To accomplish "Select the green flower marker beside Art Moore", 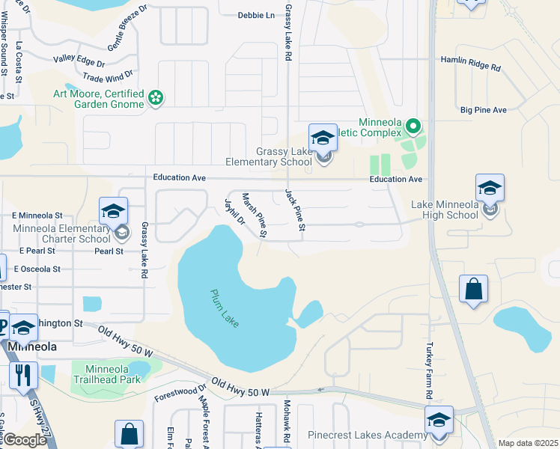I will point(156,97).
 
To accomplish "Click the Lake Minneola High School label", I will point(445,210).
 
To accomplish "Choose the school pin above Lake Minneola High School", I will point(490,188).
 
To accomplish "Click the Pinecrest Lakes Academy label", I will point(366,435).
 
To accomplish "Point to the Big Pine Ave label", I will point(484,110).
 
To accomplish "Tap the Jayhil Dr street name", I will point(235,211).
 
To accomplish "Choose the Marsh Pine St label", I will point(255,215).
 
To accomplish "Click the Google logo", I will point(24,440).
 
